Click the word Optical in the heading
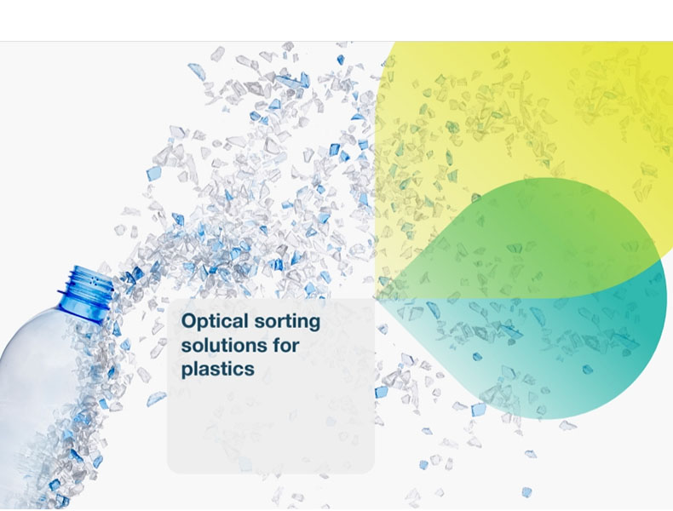pos(215,322)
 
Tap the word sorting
pos(287,322)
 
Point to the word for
pos(286,345)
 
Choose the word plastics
pos(217,370)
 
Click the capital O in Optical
pos(189,321)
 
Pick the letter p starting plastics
pos(187,370)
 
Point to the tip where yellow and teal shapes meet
pos(375,298)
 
